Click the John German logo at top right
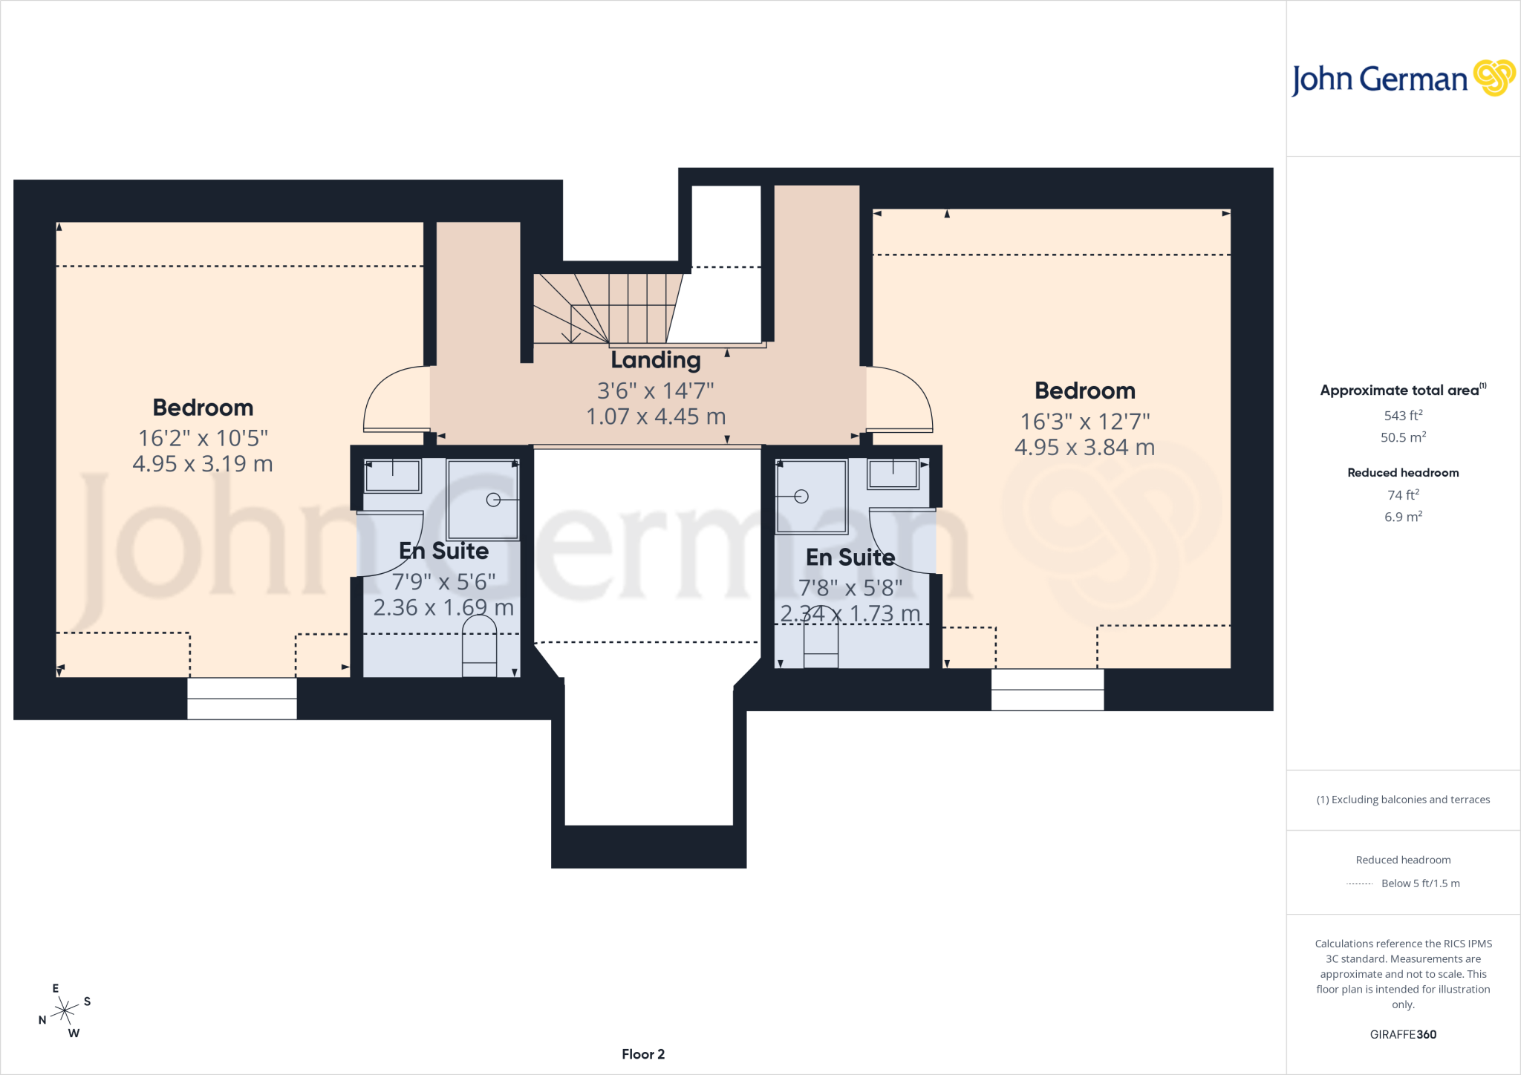1403,79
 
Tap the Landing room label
656,360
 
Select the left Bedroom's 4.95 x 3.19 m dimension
203,464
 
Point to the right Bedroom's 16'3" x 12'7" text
1085,422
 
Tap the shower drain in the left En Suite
493,500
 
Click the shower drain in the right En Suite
801,497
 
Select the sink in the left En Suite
392,475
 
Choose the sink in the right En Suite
893,474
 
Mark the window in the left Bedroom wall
242,698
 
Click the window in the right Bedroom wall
1047,690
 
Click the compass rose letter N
42,1020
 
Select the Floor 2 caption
643,1054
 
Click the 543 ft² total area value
1403,415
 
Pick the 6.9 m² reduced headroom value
1403,516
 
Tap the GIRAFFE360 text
1403,1034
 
